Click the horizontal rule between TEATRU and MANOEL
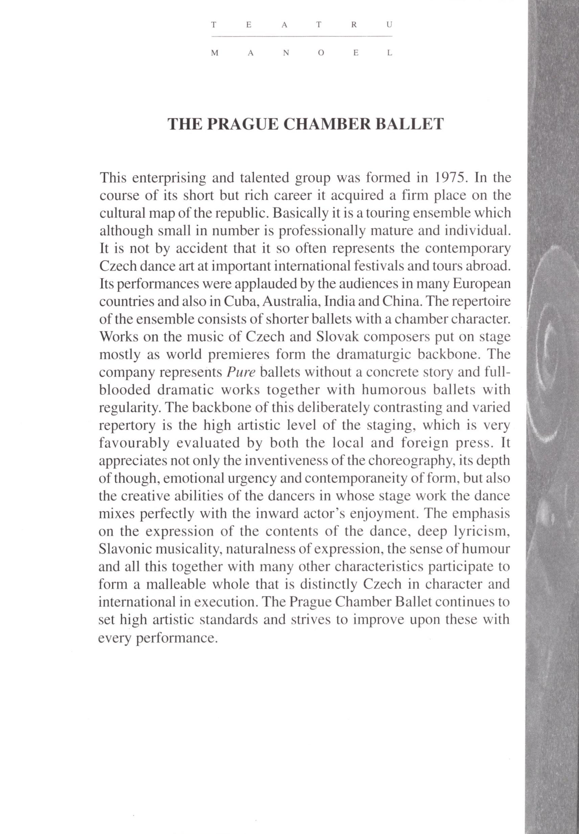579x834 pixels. tap(302, 36)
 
